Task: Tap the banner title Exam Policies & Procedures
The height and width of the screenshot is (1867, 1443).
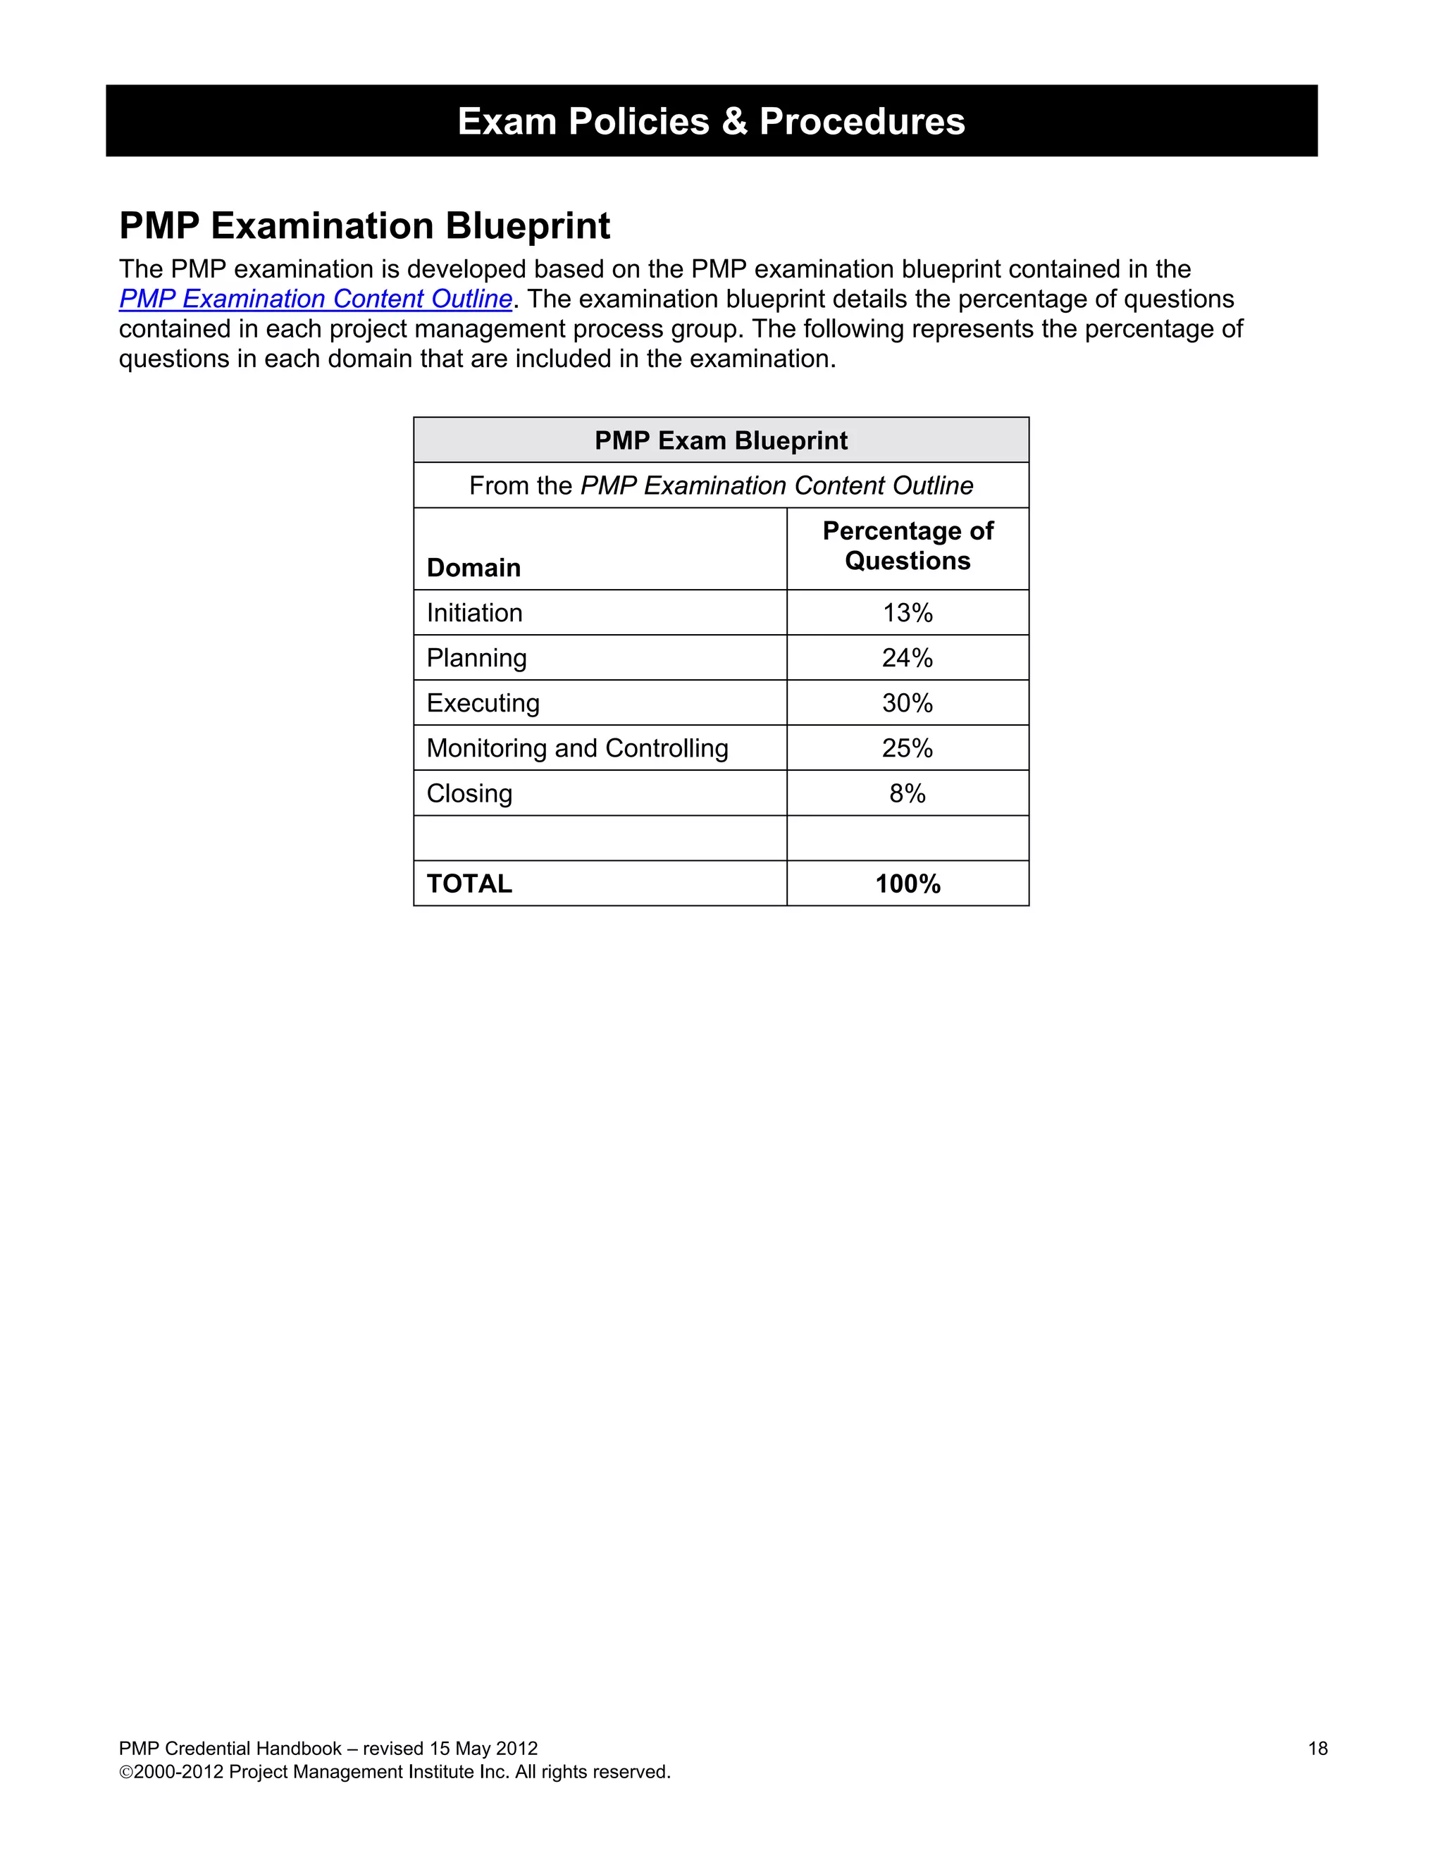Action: point(711,121)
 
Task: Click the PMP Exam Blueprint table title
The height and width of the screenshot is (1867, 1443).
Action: point(721,440)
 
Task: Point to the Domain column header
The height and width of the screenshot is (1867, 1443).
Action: point(473,568)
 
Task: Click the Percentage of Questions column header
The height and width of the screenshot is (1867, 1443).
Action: point(907,546)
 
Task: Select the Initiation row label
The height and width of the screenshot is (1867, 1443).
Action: point(474,613)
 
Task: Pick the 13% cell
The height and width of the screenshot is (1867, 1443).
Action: point(907,613)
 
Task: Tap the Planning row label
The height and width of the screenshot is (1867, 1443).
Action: point(476,658)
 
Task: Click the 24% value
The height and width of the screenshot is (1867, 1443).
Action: point(907,658)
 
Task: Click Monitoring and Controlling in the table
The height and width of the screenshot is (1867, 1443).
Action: point(577,749)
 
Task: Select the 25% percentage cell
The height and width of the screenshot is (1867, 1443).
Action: point(907,749)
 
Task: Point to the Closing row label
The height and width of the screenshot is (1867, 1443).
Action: point(469,794)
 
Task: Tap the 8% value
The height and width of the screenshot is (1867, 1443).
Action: point(907,794)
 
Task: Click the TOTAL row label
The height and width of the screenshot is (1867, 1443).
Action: point(469,884)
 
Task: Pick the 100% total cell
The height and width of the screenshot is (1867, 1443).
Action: point(907,884)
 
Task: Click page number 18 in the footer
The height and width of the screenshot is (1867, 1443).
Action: point(1318,1749)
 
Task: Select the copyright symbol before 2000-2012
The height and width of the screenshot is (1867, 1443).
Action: point(125,1773)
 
